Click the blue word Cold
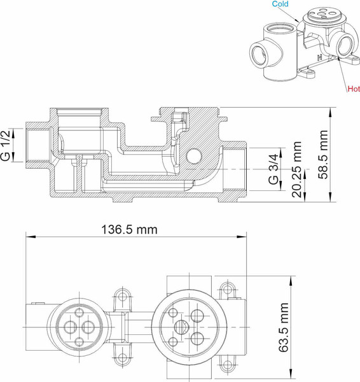280,4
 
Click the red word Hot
353,89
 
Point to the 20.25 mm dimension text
296,169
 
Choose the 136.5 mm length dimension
129,229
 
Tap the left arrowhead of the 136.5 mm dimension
28,237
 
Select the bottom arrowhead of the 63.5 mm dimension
292,374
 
